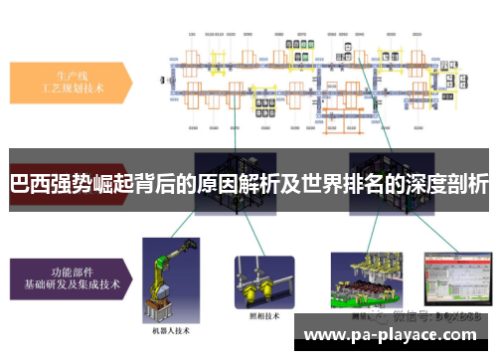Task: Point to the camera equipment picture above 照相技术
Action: [x=263, y=269]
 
